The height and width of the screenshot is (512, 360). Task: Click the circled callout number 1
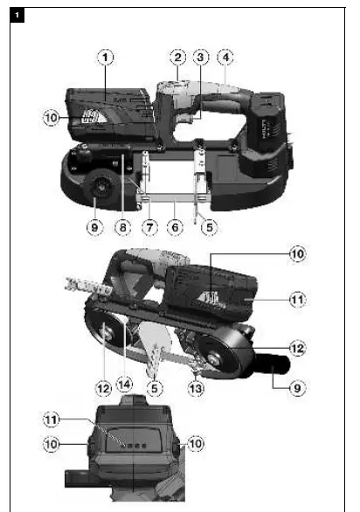[106, 59]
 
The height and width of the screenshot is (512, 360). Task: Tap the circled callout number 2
[177, 59]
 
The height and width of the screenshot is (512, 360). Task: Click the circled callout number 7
[150, 225]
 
